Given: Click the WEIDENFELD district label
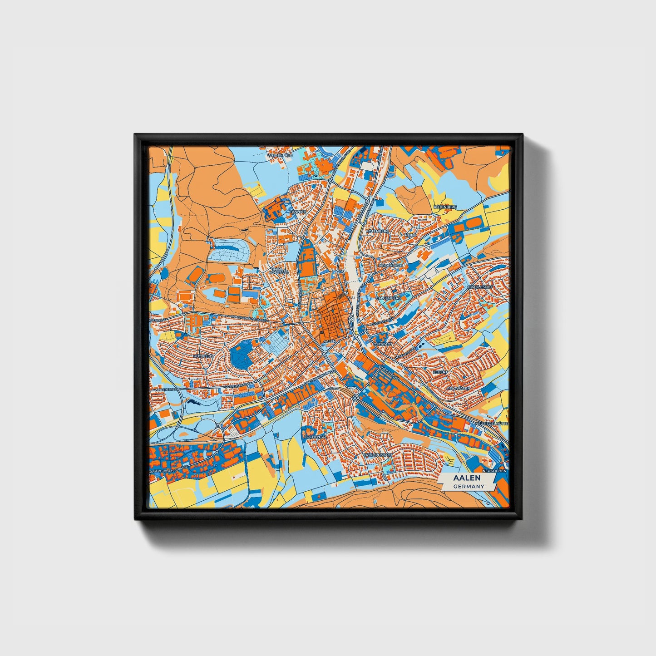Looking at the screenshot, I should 280,155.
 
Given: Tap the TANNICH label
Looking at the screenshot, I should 298,212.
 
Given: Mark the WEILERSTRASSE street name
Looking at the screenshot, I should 167,390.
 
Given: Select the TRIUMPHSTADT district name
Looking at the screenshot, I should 378,454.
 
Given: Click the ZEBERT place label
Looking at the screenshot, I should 440,372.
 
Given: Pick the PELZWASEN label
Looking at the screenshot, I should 459,389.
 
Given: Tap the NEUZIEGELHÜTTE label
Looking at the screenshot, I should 492,423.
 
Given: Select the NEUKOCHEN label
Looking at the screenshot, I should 494,471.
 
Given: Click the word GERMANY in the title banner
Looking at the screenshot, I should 469,486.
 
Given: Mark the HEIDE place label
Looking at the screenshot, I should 410,236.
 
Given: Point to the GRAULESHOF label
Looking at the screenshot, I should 480,287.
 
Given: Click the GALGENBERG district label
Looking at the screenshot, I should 388,298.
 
